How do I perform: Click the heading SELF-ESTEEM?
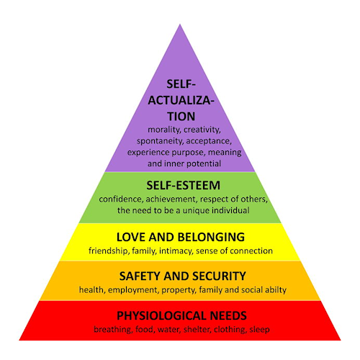(184, 186)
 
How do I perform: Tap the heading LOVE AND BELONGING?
(181, 237)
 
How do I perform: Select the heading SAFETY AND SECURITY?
(183, 276)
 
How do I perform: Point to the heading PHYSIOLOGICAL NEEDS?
(181, 315)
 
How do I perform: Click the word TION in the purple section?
(181, 117)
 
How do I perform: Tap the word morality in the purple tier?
(164, 130)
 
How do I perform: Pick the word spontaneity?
(160, 141)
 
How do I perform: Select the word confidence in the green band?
(121, 199)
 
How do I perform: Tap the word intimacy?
(176, 251)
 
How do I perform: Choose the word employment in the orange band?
(133, 290)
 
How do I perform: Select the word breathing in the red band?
(113, 330)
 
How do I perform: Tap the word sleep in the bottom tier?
(259, 330)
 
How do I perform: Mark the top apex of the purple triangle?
(180, 24)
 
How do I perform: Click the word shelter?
(197, 329)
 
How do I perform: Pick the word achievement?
(171, 199)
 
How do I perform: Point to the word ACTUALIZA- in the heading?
(181, 101)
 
